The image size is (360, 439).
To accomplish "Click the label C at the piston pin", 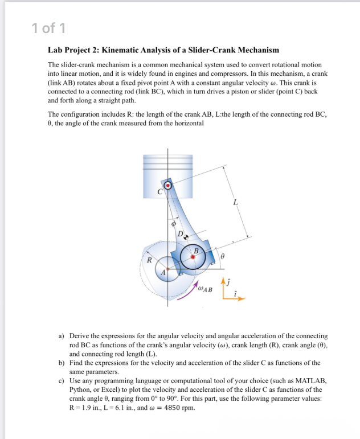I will pyautogui.click(x=161, y=192).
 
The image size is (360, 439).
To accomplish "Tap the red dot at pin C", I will pyautogui.click(x=167, y=186).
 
